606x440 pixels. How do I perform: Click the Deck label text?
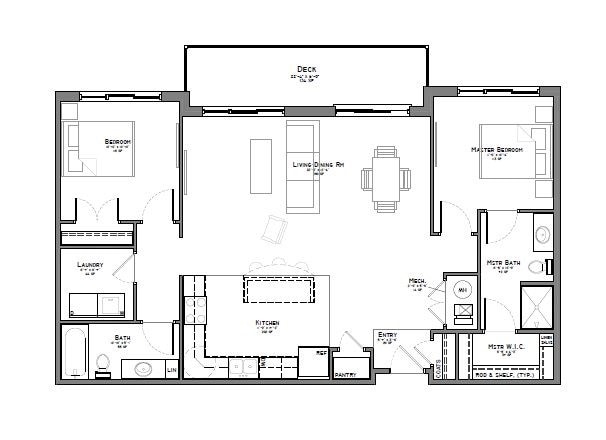click(x=307, y=67)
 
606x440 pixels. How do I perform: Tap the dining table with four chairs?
click(x=385, y=180)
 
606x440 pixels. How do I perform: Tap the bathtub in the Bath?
click(x=75, y=351)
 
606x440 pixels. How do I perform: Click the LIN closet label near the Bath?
click(x=172, y=371)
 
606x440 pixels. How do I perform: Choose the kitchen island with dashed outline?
click(x=280, y=290)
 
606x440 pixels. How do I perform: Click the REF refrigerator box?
click(x=316, y=362)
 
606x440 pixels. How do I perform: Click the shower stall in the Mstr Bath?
click(x=536, y=305)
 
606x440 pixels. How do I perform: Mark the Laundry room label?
click(x=90, y=266)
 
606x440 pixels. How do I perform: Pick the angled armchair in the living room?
click(x=272, y=229)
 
